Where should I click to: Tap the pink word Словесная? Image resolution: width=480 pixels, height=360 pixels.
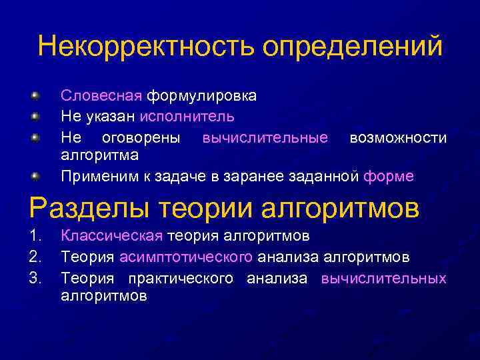[x=102, y=95]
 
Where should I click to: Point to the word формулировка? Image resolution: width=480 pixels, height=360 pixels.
[x=201, y=95]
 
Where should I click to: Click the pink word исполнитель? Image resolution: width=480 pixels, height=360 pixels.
[x=187, y=117]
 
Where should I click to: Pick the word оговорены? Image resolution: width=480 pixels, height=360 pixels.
[x=141, y=137]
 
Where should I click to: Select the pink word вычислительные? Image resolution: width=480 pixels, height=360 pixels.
[x=265, y=137]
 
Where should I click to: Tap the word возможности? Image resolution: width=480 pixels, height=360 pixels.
[x=398, y=137]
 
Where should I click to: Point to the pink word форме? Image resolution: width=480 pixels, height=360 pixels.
[x=389, y=177]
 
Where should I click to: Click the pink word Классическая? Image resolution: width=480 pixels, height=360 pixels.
[x=112, y=235]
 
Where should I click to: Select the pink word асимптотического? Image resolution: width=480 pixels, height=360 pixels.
[x=186, y=257]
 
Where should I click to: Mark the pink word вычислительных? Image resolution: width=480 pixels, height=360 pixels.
[x=383, y=278]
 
